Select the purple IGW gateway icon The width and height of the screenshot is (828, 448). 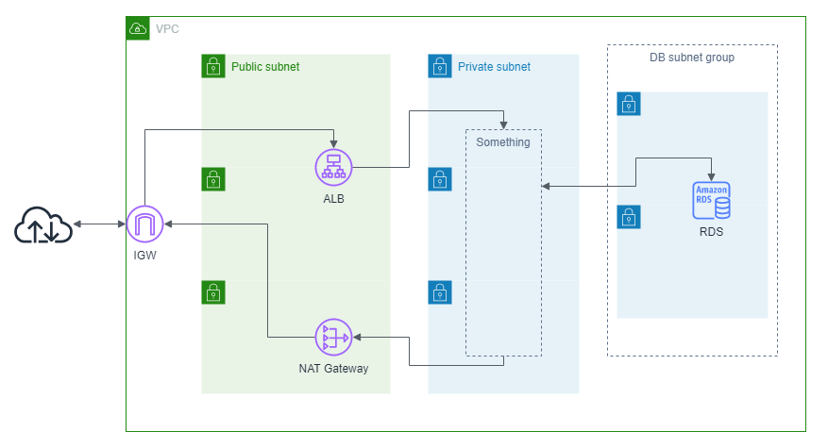click(144, 224)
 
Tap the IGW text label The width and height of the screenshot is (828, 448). click(144, 255)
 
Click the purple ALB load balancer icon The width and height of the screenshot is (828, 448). click(332, 168)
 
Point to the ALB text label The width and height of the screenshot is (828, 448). click(332, 199)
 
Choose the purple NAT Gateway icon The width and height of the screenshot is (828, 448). click(332, 338)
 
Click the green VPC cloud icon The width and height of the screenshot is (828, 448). click(138, 28)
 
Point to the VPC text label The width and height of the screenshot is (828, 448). click(167, 29)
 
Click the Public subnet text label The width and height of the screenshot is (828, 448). click(265, 67)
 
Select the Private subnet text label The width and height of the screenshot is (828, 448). click(494, 67)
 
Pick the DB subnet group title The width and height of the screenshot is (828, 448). click(692, 58)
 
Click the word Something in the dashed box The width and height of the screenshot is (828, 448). click(502, 142)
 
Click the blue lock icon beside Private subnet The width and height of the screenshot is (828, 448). click(440, 66)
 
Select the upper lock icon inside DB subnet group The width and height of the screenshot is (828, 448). click(629, 104)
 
